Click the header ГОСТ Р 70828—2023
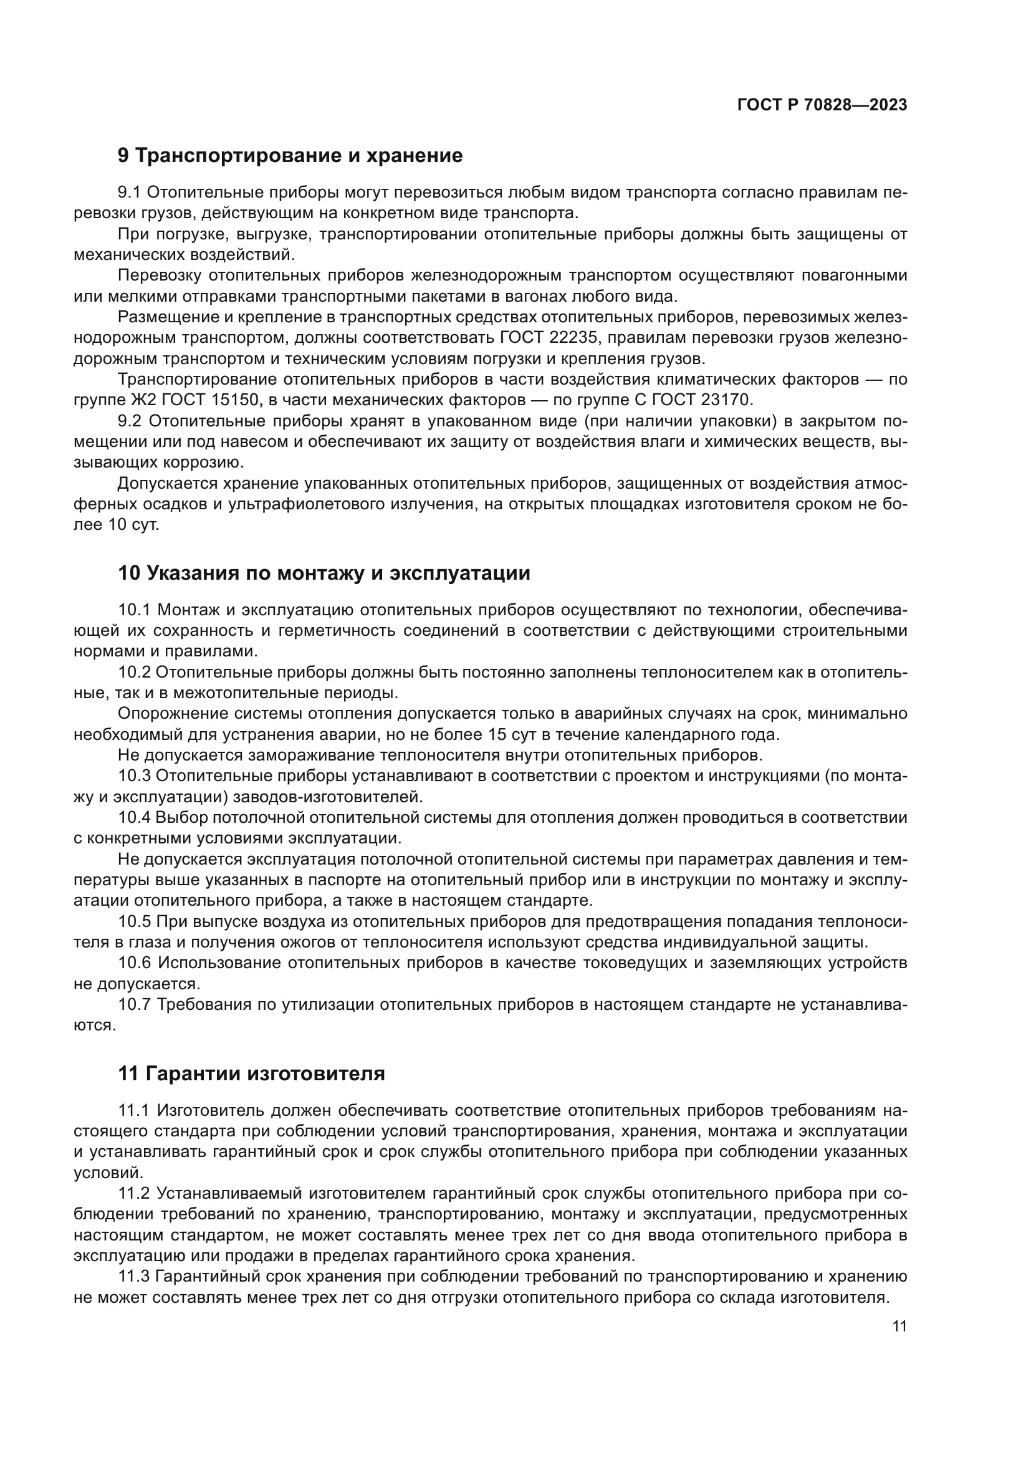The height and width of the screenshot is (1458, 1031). point(822,105)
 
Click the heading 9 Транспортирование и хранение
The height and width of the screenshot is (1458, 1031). point(290,156)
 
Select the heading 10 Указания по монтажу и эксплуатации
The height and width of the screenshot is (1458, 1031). point(324,573)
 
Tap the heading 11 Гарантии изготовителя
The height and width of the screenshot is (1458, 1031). point(251,1074)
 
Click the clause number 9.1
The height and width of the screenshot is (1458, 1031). point(132,192)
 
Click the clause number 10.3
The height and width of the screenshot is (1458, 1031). point(135,776)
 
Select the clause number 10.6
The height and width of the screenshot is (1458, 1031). point(135,962)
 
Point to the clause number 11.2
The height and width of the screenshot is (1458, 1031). point(134,1193)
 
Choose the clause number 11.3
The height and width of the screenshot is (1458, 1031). point(134,1277)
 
